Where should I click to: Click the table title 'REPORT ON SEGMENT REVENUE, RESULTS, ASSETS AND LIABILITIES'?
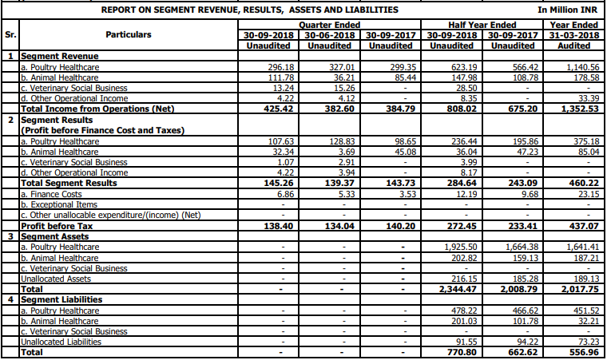[249, 10]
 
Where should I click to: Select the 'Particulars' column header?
[128, 35]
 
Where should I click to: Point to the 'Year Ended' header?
[574, 25]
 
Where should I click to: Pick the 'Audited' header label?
[574, 45]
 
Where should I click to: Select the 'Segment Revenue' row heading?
[59, 57]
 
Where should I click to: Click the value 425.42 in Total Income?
[271, 108]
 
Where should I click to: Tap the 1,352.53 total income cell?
[580, 108]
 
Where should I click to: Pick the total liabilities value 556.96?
[585, 351]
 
